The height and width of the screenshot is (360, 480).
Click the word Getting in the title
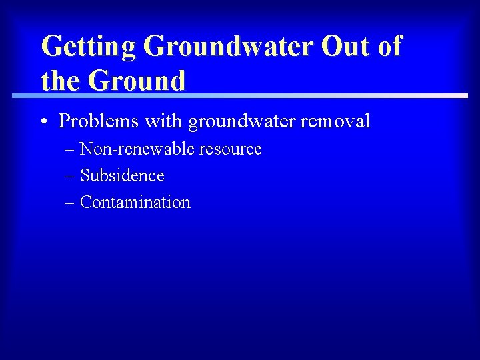pyautogui.click(x=88, y=47)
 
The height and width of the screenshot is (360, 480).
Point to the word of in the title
pyautogui.click(x=388, y=46)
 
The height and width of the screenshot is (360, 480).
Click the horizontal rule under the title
pyautogui.click(x=240, y=96)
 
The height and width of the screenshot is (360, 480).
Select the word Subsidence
pyautogui.click(x=122, y=176)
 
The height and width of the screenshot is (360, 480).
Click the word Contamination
pyautogui.click(x=135, y=203)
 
